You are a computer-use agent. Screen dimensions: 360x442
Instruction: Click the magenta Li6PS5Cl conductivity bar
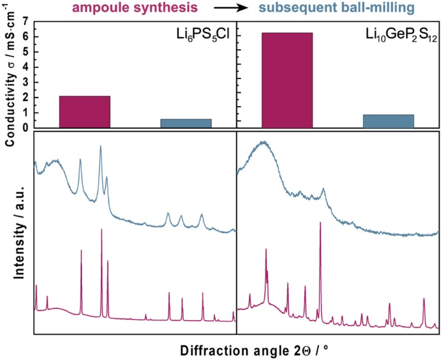tap(85, 112)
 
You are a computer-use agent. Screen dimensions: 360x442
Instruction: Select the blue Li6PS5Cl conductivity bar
tap(186, 123)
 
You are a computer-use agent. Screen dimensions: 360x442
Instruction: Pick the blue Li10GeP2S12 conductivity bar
tap(388, 121)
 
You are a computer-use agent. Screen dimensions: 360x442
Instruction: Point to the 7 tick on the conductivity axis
tap(25, 21)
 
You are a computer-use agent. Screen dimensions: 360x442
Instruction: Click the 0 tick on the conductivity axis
tap(25, 128)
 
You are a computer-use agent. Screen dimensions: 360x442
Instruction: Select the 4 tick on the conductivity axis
tap(25, 67)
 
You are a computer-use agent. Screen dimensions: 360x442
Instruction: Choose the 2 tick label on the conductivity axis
tap(25, 98)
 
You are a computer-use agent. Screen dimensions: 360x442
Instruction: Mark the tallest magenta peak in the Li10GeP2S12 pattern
tap(320, 223)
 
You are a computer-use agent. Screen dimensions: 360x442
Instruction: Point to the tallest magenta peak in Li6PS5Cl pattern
tap(102, 230)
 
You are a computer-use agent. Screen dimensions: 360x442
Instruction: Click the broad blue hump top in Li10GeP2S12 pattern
tap(264, 142)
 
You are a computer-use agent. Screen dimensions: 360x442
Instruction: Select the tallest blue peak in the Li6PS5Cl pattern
tap(101, 147)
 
